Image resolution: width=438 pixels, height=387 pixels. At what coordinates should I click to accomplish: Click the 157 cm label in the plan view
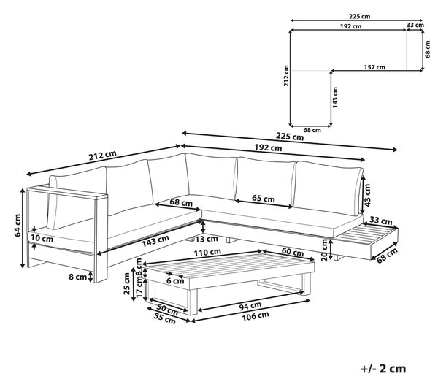point(374,67)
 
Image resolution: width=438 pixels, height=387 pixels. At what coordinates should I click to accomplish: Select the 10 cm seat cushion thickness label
point(42,238)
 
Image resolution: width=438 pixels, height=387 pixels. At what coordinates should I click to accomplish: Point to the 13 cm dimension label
point(207,239)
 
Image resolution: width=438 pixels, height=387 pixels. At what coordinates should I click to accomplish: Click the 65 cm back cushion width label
point(263,199)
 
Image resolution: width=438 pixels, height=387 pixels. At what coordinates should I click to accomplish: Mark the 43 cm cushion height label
point(367,195)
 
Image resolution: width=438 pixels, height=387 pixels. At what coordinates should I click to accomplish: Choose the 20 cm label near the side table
point(325,250)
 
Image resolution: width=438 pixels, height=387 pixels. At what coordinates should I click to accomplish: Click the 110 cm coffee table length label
point(207,253)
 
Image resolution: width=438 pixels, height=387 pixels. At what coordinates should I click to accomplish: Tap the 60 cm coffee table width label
point(293,252)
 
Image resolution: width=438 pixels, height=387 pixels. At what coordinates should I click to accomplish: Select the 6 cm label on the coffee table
point(175,280)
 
